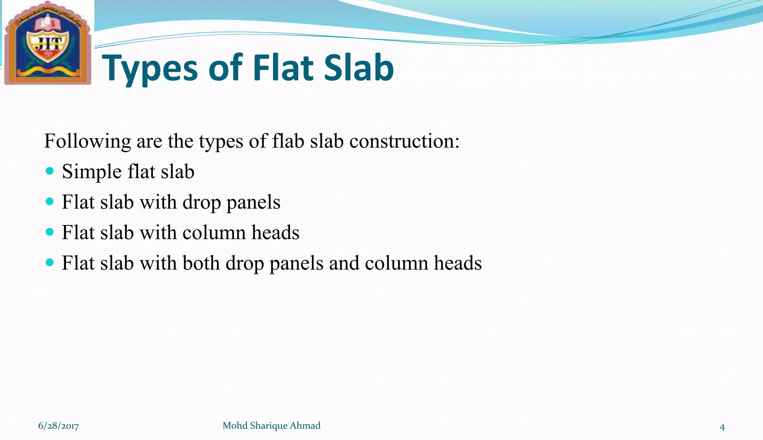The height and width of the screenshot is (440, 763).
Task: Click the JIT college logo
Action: pyautogui.click(x=47, y=44)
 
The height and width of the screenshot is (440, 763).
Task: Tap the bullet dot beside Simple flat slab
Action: pyautogui.click(x=50, y=171)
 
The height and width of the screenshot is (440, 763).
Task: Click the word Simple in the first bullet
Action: pyautogui.click(x=92, y=172)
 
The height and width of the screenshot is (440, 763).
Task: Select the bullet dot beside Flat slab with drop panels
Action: pyautogui.click(x=50, y=202)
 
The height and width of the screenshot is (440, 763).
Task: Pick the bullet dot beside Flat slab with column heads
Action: pyautogui.click(x=50, y=232)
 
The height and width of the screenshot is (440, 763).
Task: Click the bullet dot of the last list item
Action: pyautogui.click(x=50, y=263)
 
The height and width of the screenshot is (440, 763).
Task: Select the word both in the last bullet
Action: pyautogui.click(x=201, y=263)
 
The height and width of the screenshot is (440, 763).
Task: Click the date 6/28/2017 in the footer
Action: pyautogui.click(x=58, y=426)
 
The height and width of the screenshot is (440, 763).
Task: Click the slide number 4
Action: pyautogui.click(x=722, y=427)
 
